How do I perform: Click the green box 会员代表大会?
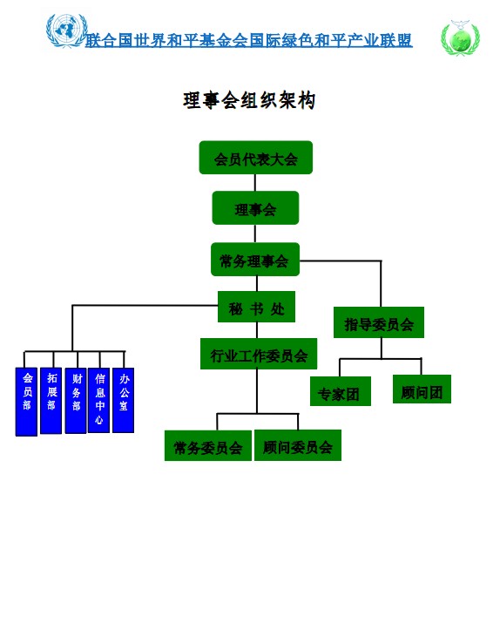[256, 158]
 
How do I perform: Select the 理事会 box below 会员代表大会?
[255, 207]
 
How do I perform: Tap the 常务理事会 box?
[255, 260]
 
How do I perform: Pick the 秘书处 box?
[257, 307]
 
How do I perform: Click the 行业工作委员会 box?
[259, 354]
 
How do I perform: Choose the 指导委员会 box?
[379, 322]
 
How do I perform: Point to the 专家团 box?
[341, 391]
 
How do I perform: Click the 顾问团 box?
[422, 389]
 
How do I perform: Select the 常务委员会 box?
[208, 445]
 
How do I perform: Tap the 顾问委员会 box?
[298, 445]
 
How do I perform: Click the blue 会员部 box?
[27, 402]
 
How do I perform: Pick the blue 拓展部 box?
[51, 401]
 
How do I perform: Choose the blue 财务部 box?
[76, 401]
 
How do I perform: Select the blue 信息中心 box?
[99, 400]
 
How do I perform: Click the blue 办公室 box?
[124, 400]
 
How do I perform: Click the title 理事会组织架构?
[249, 100]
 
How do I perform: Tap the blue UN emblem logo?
[66, 30]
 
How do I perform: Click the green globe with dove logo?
[461, 37]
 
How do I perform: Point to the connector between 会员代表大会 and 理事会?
[255, 183]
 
